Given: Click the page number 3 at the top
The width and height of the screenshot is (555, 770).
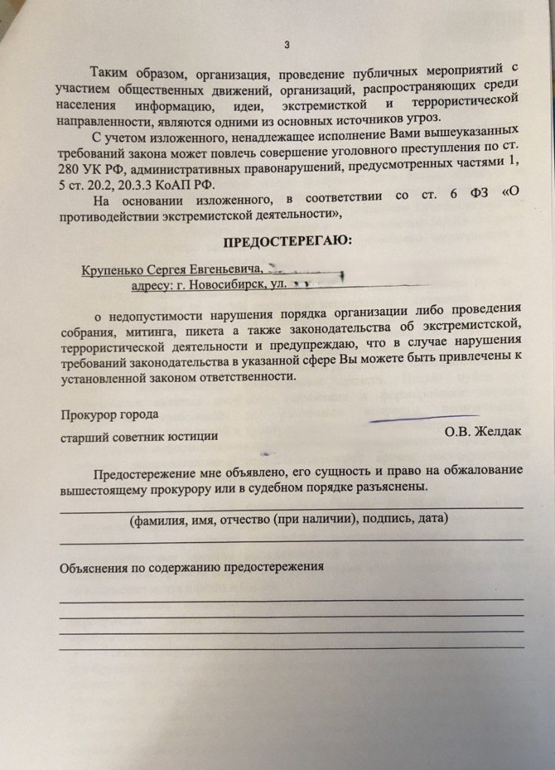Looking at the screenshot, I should pos(287,44).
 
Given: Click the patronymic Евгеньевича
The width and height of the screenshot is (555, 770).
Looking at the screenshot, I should pos(229,269).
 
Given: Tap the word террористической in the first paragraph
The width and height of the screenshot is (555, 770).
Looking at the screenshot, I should pos(447,100).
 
